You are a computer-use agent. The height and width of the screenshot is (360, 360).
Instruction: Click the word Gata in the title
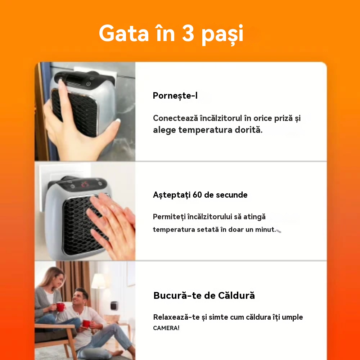pyautogui.click(x=123, y=33)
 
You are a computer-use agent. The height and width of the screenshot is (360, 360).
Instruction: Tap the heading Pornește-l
pyautogui.click(x=175, y=96)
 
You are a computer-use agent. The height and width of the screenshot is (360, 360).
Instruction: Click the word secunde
pyautogui.click(x=231, y=195)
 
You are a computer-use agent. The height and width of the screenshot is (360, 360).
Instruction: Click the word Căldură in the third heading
pyautogui.click(x=237, y=296)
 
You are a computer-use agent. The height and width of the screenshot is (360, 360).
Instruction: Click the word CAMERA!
pyautogui.click(x=166, y=328)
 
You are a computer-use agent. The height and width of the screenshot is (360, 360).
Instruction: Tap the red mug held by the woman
pyautogui.click(x=60, y=307)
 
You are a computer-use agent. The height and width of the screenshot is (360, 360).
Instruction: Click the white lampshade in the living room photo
pyautogui.click(x=98, y=281)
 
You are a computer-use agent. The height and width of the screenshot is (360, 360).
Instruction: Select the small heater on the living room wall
pyautogui.click(x=114, y=307)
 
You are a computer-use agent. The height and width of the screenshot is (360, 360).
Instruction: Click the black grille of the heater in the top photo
pyautogui.click(x=74, y=112)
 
